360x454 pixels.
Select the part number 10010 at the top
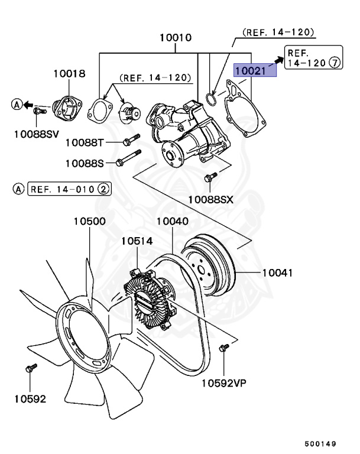[x=175, y=38]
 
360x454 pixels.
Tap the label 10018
[x=69, y=74]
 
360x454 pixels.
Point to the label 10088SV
[x=37, y=134]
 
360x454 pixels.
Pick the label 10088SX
[x=210, y=200]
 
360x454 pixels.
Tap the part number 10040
[x=172, y=222]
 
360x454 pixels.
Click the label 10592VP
[x=223, y=382]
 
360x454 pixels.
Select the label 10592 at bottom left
[x=30, y=398]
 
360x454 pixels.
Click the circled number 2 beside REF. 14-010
[x=103, y=190]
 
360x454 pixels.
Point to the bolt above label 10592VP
[x=223, y=349]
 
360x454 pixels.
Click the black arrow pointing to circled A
[x=28, y=105]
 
